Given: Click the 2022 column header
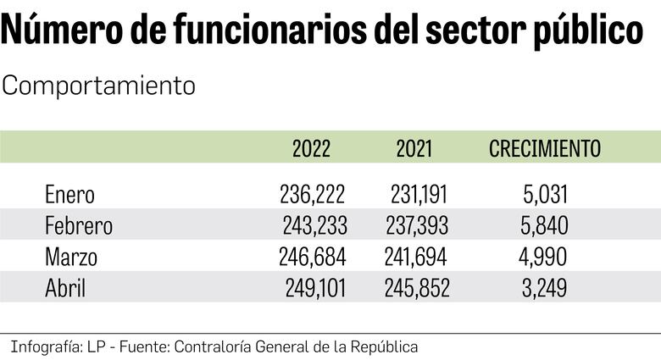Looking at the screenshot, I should (x=311, y=149).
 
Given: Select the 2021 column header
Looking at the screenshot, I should (x=414, y=149).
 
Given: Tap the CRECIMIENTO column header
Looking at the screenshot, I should (x=545, y=149).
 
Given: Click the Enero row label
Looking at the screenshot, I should (x=69, y=195).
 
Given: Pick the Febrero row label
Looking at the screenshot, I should (x=78, y=226).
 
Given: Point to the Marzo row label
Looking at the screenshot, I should (x=71, y=258).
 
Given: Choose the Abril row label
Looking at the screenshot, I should (x=65, y=289).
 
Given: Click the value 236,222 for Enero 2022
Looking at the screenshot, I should (x=312, y=195).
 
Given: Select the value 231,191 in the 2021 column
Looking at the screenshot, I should (x=419, y=195).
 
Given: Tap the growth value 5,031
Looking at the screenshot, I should (x=544, y=195).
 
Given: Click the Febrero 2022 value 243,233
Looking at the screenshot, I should (x=314, y=226).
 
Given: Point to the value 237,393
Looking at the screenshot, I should (x=417, y=226).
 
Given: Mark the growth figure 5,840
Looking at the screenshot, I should (x=544, y=226).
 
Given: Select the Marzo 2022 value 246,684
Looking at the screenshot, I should (x=313, y=258).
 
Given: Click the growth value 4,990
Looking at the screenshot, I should (x=544, y=258).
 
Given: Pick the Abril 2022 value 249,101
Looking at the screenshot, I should (x=313, y=289).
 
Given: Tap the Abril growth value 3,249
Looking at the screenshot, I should (x=544, y=289).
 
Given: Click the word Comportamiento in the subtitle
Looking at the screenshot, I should (x=99, y=86).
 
